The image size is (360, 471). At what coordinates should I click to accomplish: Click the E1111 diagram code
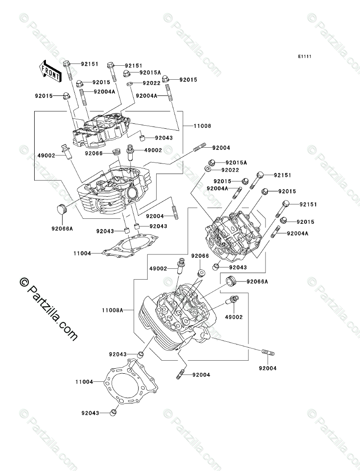pos(305,56)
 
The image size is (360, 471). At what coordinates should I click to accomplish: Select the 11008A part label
pos(112,310)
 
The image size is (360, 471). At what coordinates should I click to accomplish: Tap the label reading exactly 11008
pos(202,126)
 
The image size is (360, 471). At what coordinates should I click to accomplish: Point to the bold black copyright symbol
pos(23,281)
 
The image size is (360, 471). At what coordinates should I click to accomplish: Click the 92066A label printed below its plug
pos(62,229)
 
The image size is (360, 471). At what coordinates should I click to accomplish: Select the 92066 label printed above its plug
pos(200,256)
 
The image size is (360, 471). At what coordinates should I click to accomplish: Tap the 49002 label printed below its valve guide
pos(234,317)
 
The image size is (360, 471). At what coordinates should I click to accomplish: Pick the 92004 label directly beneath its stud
pos(267,368)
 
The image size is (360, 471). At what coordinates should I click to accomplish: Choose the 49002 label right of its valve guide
pos(153,150)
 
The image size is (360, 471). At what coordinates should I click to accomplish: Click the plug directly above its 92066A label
pos(61,209)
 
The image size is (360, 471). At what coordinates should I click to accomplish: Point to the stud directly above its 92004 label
pos(268,353)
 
